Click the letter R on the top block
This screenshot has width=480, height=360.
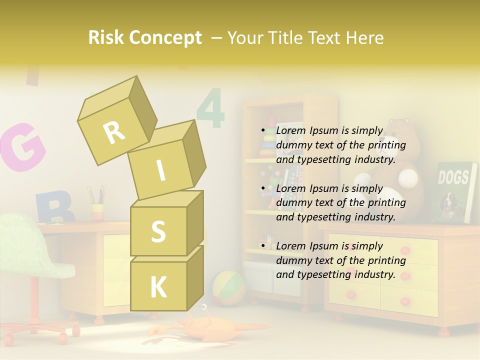point(114,132)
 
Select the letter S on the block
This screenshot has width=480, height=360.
point(158,231)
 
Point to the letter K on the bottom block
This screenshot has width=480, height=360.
point(158,287)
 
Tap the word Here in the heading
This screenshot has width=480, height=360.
point(364,37)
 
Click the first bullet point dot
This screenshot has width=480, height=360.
point(263,131)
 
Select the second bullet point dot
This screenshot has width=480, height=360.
point(263,189)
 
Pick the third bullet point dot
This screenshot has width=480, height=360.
point(263,246)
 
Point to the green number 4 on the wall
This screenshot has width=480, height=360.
point(210,108)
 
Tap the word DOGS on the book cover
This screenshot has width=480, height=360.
point(453,177)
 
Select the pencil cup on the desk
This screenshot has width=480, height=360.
point(97,210)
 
